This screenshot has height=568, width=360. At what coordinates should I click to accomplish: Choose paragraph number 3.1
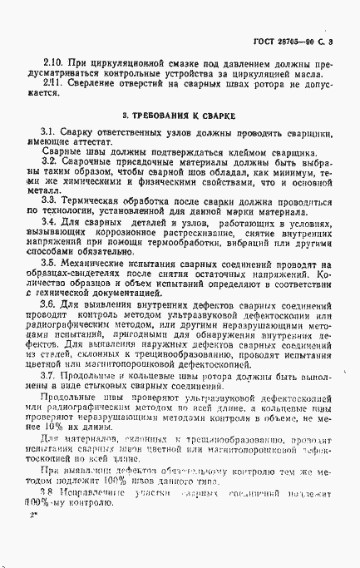47,132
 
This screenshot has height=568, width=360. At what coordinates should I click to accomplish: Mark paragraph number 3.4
48,222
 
